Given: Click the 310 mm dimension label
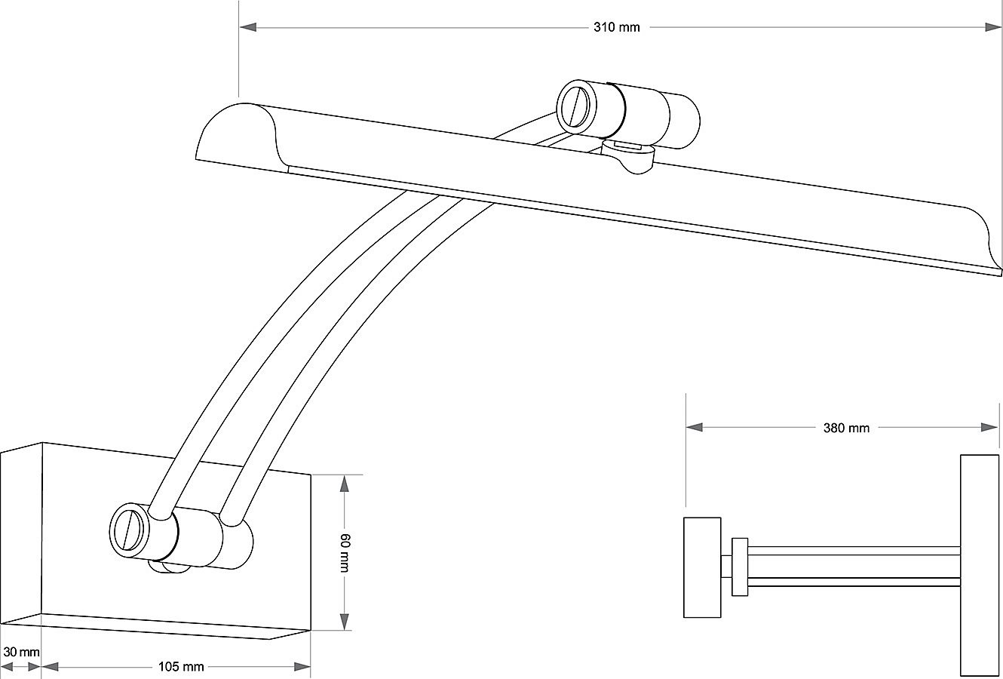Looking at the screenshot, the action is pyautogui.click(x=617, y=27).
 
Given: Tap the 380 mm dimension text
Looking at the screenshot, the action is pyautogui.click(x=846, y=428).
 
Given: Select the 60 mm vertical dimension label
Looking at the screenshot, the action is pyautogui.click(x=345, y=553).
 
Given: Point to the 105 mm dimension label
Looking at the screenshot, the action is pyautogui.click(x=181, y=667).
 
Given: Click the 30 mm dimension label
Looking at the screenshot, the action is pyautogui.click(x=21, y=652).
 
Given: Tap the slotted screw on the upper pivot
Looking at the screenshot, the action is pyautogui.click(x=577, y=107).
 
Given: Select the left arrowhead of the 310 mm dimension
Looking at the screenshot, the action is pyautogui.click(x=248, y=27).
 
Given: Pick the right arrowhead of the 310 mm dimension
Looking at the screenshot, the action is pyautogui.click(x=992, y=27).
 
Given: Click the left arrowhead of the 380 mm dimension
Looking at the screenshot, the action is pyautogui.click(x=695, y=428).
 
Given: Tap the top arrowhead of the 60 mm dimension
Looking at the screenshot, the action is pyautogui.click(x=345, y=484).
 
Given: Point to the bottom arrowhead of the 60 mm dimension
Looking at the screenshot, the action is pyautogui.click(x=345, y=622).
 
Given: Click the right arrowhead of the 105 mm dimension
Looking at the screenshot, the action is pyautogui.click(x=302, y=667).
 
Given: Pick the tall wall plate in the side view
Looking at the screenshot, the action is pyautogui.click(x=980, y=565).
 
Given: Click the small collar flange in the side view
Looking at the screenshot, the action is pyautogui.click(x=740, y=567).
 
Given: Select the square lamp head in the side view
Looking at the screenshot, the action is pyautogui.click(x=702, y=567).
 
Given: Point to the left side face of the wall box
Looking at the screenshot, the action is pyautogui.click(x=21, y=533).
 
